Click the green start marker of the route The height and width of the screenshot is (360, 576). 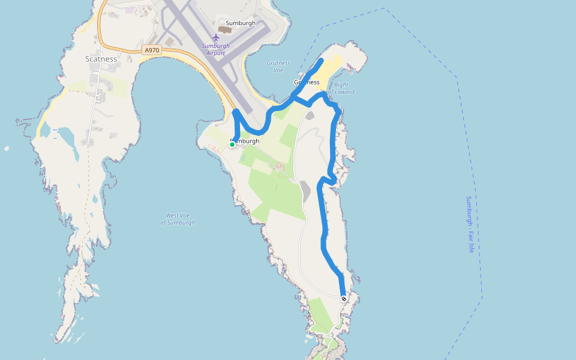tap(232, 144)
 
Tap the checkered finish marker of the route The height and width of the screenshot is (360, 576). tap(344, 298)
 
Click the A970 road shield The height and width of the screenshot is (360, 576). tap(152, 50)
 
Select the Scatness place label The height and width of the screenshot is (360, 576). tap(101, 59)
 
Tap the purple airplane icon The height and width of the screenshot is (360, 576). tap(216, 38)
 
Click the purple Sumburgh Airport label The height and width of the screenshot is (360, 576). tap(215, 49)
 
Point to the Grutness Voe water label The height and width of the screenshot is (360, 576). tap(278, 66)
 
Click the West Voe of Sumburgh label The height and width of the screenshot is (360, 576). tap(178, 219)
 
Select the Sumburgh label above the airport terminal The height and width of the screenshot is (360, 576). tap(241, 23)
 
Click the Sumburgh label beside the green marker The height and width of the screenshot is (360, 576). tap(246, 141)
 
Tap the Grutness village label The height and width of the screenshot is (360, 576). tap(307, 82)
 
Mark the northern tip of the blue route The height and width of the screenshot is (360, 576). tap(322, 61)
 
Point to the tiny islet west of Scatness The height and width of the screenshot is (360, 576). tap(7, 148)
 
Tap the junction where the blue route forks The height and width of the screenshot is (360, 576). tap(293, 96)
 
